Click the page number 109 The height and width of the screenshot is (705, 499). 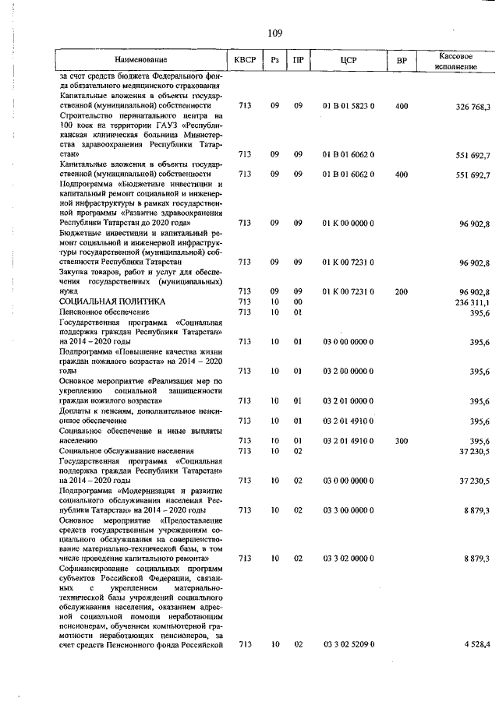[274, 33]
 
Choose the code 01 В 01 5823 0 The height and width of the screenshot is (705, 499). [348, 105]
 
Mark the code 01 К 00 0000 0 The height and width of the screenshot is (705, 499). [348, 224]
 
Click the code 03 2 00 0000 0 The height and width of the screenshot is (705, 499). [348, 372]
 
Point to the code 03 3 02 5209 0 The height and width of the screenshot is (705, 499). [348, 644]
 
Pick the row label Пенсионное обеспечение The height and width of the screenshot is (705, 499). [104, 312]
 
